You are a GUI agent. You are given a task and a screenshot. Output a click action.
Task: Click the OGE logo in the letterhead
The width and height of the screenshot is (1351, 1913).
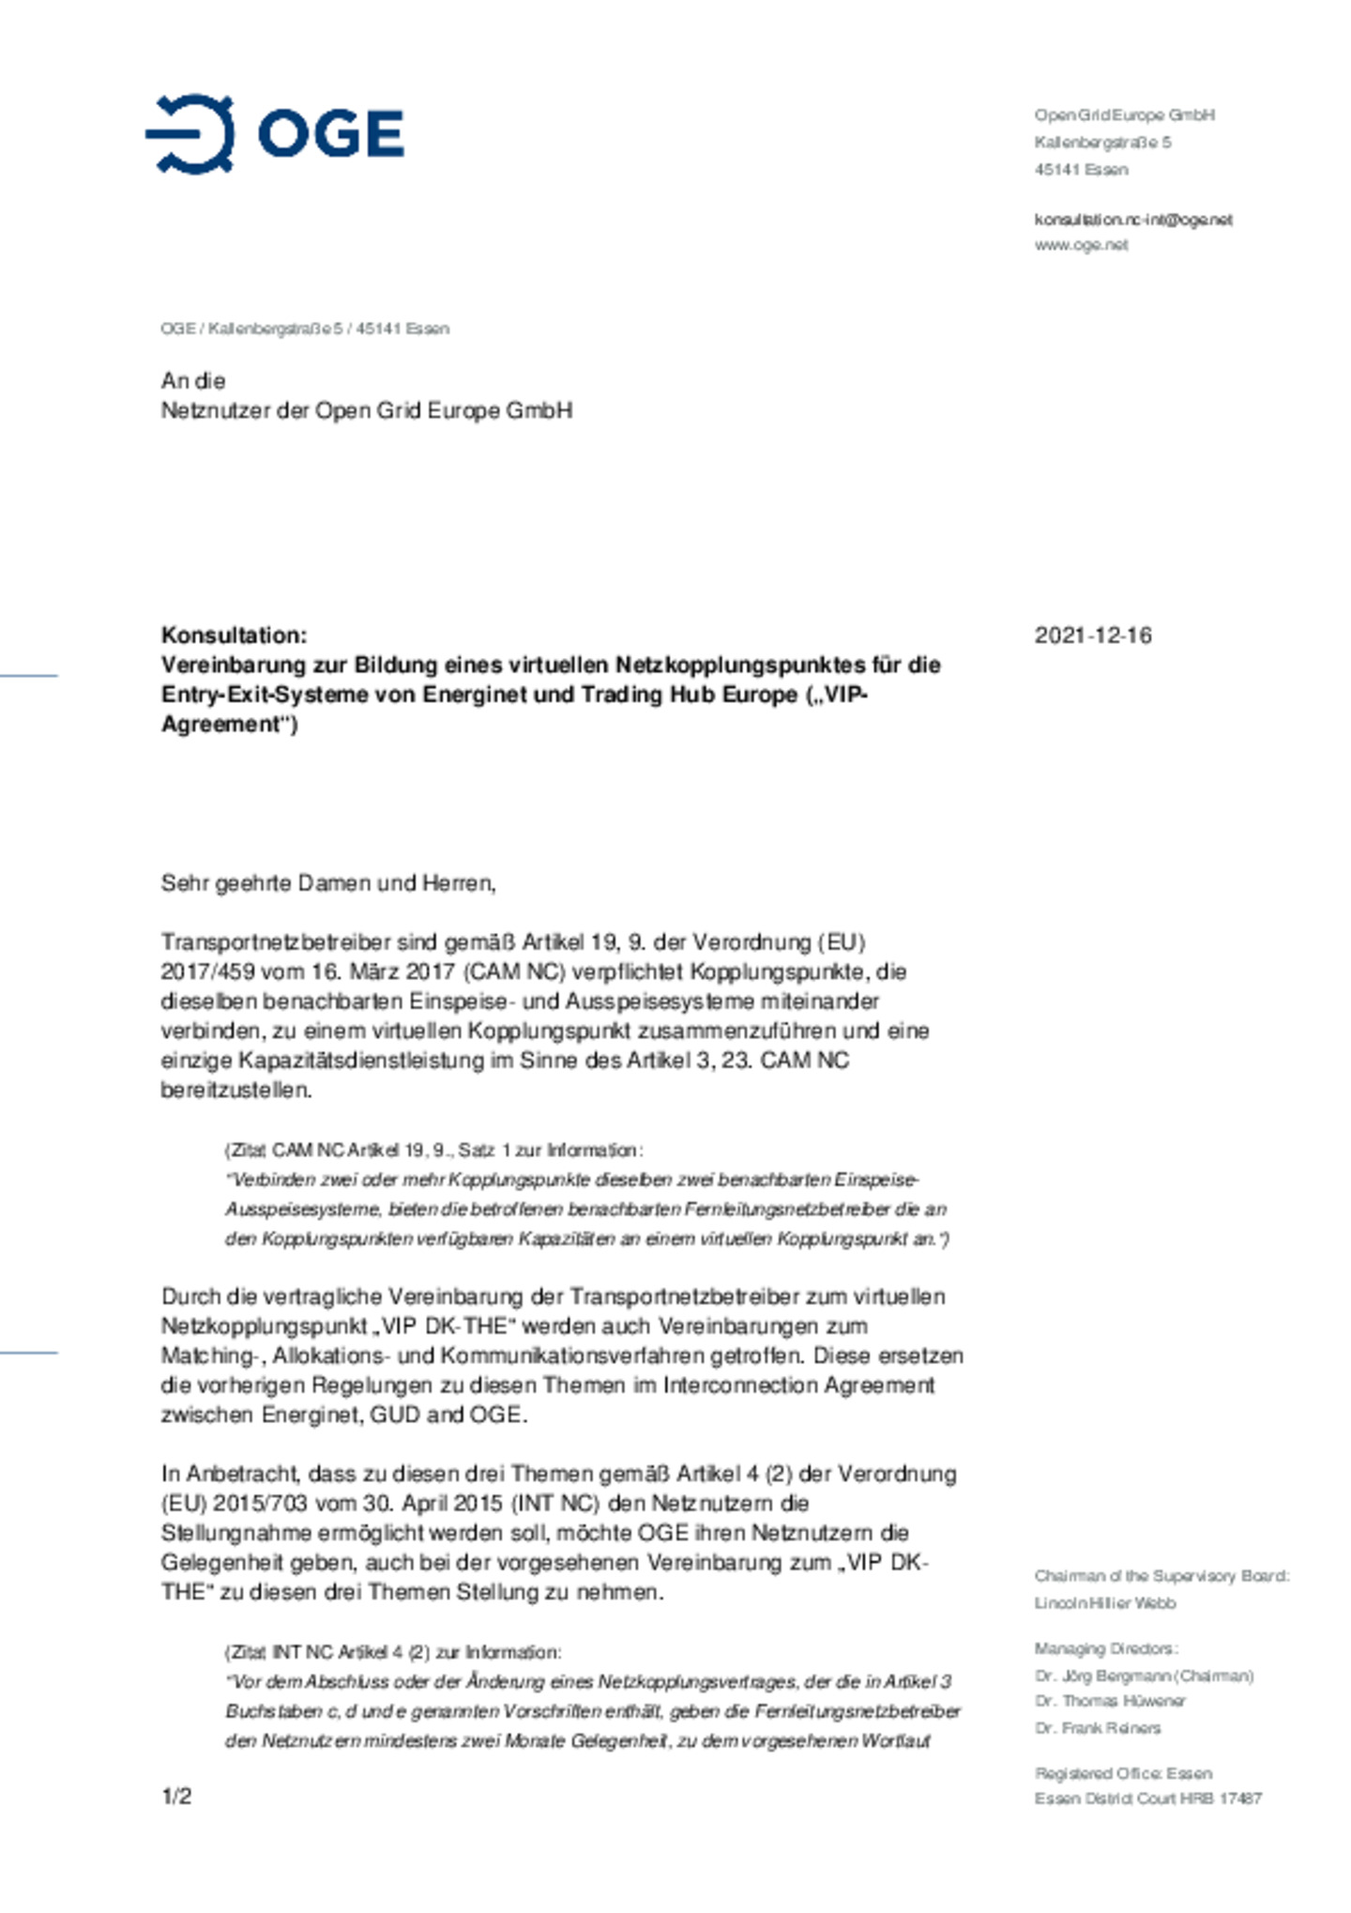coord(274,134)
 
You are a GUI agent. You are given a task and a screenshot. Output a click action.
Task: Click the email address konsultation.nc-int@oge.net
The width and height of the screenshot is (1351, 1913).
coord(1132,220)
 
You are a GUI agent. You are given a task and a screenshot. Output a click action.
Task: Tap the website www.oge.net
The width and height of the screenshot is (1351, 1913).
coord(1081,245)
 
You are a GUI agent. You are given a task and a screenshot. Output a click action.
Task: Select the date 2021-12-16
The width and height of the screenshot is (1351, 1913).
coord(1092,635)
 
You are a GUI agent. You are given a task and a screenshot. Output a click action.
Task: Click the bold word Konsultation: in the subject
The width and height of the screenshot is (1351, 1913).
coord(234,635)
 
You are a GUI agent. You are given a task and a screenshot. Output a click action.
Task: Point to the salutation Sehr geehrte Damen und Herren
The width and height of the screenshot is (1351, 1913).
coord(327,883)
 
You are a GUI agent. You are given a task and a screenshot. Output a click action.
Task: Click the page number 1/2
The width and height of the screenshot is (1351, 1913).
coord(176,1797)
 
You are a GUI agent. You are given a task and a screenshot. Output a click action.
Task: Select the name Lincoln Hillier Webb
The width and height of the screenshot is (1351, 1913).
coord(1104,1602)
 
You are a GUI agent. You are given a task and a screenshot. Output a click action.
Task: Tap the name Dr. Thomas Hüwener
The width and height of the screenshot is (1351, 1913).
coord(1110,1701)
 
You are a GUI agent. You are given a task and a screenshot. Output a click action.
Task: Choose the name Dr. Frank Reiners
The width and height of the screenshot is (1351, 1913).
coord(1098,1728)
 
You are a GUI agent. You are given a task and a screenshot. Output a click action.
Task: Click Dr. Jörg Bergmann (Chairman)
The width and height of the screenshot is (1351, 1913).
coord(1144,1676)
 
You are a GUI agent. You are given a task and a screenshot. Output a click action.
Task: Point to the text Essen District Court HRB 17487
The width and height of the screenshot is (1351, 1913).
coord(1147,1798)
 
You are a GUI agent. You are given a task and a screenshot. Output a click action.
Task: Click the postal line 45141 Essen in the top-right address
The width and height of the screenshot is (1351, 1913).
coord(1081,170)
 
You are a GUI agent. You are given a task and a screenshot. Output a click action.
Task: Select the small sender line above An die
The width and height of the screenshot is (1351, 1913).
coord(305,329)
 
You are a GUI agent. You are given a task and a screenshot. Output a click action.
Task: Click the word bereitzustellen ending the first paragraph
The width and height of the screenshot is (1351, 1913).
coord(235,1090)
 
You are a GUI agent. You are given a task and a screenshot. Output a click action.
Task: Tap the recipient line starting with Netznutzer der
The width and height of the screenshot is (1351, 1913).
coord(366,411)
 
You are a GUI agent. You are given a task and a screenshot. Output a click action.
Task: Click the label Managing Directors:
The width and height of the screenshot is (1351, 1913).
coord(1106,1648)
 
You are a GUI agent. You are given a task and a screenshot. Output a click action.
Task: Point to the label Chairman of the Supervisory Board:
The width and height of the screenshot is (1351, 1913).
coord(1161,1576)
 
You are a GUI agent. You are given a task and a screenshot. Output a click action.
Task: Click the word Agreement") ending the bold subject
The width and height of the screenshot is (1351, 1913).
coord(229,725)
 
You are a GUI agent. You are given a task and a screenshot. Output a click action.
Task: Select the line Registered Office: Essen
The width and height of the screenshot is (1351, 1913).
coord(1123,1773)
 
